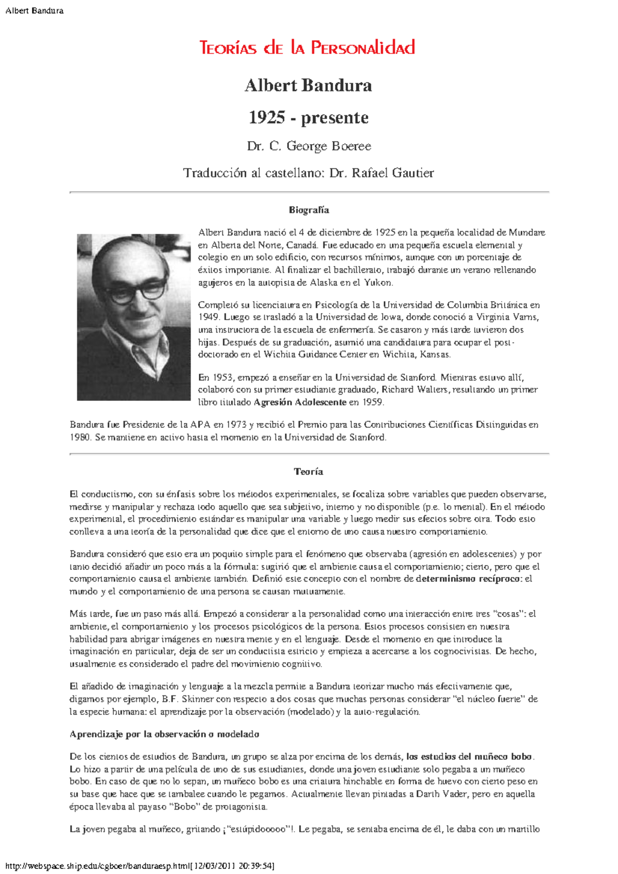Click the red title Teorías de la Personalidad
coord(307,48)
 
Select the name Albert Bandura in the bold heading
coord(308,85)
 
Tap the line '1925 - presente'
coord(308,117)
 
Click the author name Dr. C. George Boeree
coord(308,146)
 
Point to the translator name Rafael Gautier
coord(393,173)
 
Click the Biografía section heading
coord(308,210)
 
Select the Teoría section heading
coord(308,471)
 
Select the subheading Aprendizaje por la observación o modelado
coord(164,735)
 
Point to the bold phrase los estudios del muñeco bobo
coord(469,757)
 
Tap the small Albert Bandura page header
coord(34,11)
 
